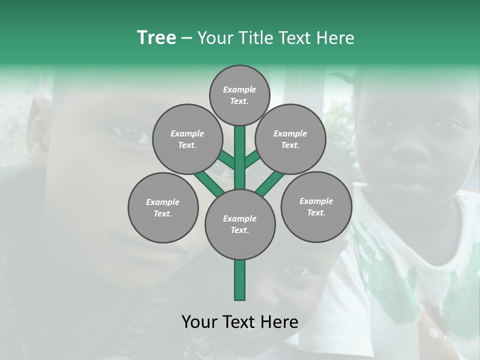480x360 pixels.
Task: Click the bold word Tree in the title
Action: [156, 38]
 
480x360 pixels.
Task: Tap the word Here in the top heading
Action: [335, 38]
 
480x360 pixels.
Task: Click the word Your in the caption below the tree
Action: [200, 322]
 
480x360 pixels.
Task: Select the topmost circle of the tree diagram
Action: [239, 95]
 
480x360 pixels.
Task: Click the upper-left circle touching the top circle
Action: [187, 139]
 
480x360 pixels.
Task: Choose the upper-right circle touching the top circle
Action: [290, 139]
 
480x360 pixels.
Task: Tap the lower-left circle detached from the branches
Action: [162, 207]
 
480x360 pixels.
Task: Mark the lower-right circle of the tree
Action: [316, 206]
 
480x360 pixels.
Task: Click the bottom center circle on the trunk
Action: [240, 224]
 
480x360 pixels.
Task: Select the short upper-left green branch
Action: [226, 160]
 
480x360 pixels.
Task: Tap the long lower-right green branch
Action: [270, 183]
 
